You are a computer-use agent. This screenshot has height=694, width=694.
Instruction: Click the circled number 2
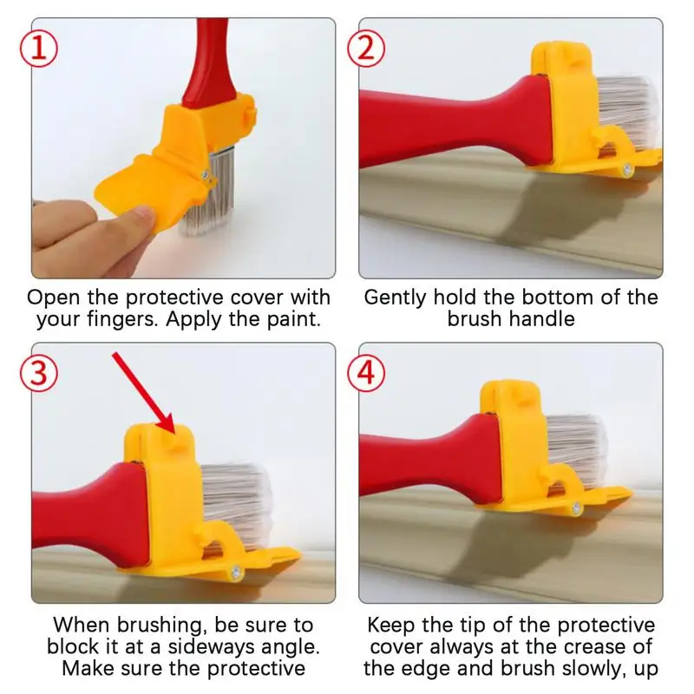point(365,49)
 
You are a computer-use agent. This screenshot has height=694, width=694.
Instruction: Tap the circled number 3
point(39,372)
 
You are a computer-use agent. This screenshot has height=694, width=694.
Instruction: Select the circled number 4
point(365,372)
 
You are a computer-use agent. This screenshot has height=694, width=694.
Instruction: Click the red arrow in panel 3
point(144,393)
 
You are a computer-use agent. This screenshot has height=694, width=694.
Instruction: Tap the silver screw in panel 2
point(626,168)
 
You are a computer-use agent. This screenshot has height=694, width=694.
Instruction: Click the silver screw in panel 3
point(236,573)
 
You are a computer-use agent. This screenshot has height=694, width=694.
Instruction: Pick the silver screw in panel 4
point(576,507)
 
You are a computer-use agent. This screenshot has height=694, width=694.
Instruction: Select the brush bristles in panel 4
point(575,447)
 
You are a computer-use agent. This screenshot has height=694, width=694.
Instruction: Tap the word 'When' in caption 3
point(81,625)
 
